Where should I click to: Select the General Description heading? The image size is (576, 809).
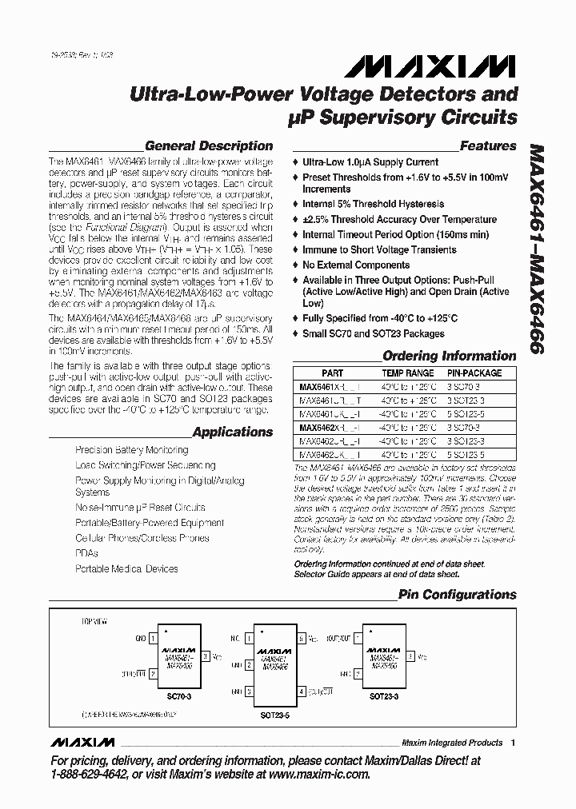tap(209, 145)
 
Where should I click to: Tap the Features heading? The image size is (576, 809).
tap(488, 145)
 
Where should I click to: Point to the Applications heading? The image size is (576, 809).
tap(233, 432)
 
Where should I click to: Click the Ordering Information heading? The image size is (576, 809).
tap(449, 356)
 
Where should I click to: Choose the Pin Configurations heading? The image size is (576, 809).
tap(458, 594)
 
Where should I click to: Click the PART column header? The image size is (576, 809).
tap(332, 373)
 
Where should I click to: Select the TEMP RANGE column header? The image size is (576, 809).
tap(408, 373)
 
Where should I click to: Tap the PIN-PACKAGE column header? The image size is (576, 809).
tap(474, 373)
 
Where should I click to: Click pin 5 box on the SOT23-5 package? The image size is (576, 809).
tap(301, 640)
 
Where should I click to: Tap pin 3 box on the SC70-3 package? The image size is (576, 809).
tap(206, 656)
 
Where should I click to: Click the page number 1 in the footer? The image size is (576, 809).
tap(513, 743)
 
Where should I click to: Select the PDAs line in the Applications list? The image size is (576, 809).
tap(86, 553)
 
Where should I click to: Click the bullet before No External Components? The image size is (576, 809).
tap(297, 265)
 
